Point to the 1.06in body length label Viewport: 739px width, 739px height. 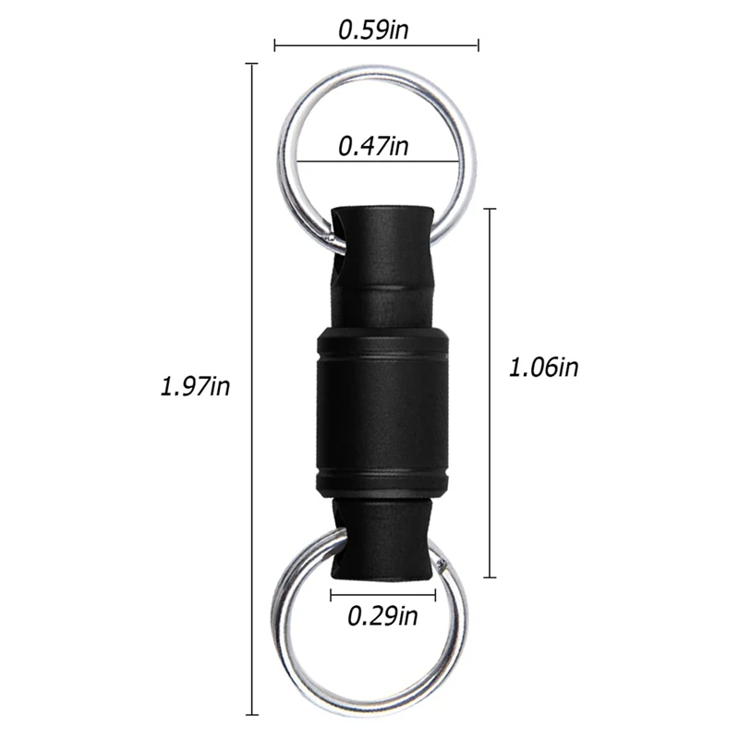click(x=543, y=367)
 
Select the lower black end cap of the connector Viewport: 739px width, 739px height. click(x=381, y=545)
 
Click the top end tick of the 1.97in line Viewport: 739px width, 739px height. click(x=251, y=64)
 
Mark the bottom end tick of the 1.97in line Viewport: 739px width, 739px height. click(x=251, y=714)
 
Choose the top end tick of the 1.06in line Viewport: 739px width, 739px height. click(x=491, y=210)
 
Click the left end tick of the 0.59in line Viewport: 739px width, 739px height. click(x=275, y=44)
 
